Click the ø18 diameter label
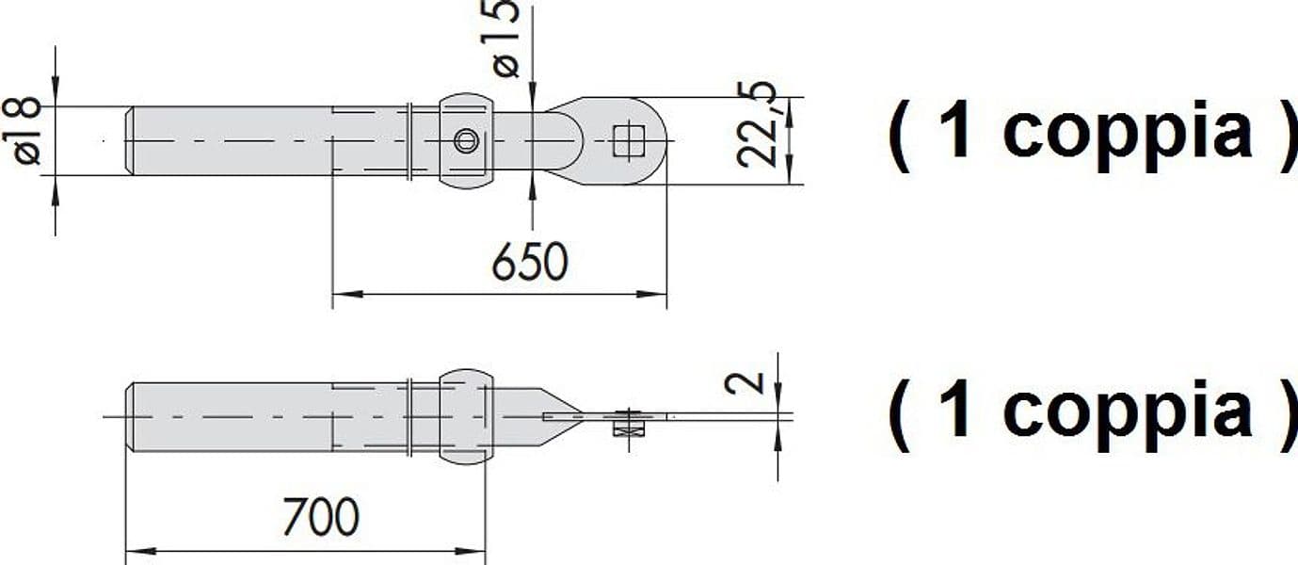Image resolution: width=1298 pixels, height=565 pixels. (22, 131)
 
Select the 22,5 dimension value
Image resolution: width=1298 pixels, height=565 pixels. (757, 125)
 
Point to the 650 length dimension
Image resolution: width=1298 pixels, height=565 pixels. (530, 262)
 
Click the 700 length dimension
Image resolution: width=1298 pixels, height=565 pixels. (321, 516)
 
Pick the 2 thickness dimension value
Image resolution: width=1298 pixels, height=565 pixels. (745, 382)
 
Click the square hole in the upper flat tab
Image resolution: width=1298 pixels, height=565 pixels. (629, 141)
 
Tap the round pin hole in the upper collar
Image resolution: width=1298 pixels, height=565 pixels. (466, 141)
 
